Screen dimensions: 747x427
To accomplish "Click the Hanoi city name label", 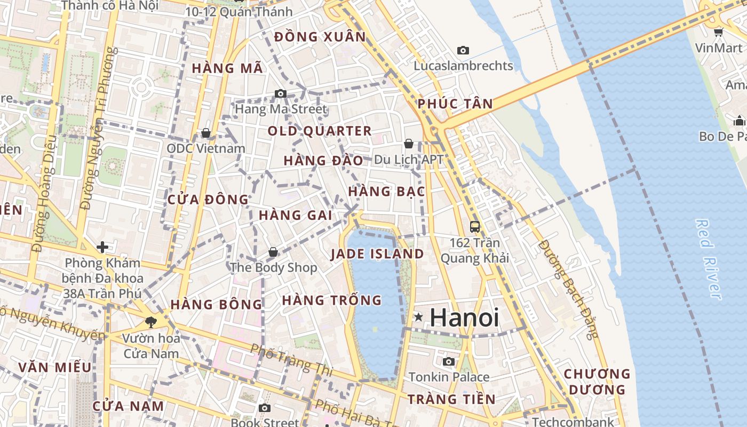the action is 464,318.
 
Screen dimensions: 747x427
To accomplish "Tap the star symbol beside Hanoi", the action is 419,318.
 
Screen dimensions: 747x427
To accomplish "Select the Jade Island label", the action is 377,254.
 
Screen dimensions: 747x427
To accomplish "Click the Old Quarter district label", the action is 320,131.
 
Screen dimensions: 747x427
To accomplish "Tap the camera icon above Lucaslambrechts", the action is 463,51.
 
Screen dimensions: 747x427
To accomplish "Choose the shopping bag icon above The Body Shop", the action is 273,252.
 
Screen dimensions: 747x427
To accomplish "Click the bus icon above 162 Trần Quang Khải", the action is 475,227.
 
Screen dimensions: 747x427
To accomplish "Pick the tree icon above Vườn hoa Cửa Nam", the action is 151,322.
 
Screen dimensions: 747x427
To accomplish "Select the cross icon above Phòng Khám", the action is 102,247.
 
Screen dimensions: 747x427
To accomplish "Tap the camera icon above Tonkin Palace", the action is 449,362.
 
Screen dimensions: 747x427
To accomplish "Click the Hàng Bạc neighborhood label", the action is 386,192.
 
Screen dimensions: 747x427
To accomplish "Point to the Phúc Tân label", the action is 455,104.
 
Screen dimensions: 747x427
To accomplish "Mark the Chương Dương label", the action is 597,382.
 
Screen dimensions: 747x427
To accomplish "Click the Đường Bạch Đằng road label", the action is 568,288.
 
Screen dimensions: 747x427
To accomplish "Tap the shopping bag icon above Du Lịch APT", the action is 409,144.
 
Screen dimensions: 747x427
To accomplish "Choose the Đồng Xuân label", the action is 320,37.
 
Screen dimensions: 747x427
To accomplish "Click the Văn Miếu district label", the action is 55,368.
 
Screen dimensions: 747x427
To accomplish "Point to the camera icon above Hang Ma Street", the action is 281,94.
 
